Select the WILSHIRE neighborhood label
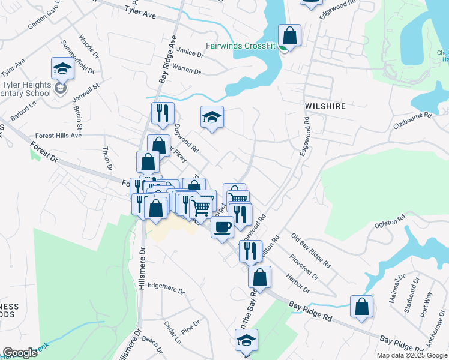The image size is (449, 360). click(325, 106)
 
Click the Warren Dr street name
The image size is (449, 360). click(186, 70)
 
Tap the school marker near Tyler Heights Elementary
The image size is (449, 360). click(62, 70)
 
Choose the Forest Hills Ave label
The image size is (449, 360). click(58, 136)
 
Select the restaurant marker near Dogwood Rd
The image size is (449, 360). click(163, 113)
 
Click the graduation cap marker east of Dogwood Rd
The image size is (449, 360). click(211, 117)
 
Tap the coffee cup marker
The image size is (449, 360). click(222, 227)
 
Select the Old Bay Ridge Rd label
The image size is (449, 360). click(310, 250)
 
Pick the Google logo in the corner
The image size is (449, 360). click(20, 353)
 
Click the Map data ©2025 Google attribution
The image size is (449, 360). click(412, 355)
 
